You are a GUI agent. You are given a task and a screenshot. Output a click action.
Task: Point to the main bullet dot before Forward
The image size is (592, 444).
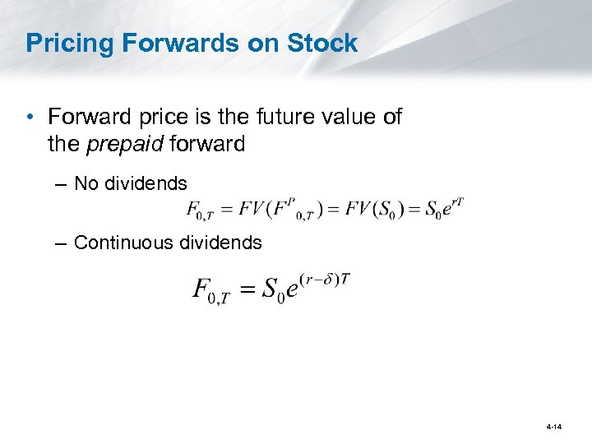point(30,118)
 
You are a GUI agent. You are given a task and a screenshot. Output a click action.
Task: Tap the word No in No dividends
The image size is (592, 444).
point(86,183)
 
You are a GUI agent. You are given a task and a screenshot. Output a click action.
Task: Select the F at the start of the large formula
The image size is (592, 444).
point(201,289)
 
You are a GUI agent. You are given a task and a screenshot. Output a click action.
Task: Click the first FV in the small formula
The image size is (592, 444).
point(251,209)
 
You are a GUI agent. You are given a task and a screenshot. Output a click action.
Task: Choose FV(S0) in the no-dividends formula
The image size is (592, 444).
point(369,209)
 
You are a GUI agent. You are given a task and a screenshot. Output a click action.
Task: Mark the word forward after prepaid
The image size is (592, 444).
point(206,144)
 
